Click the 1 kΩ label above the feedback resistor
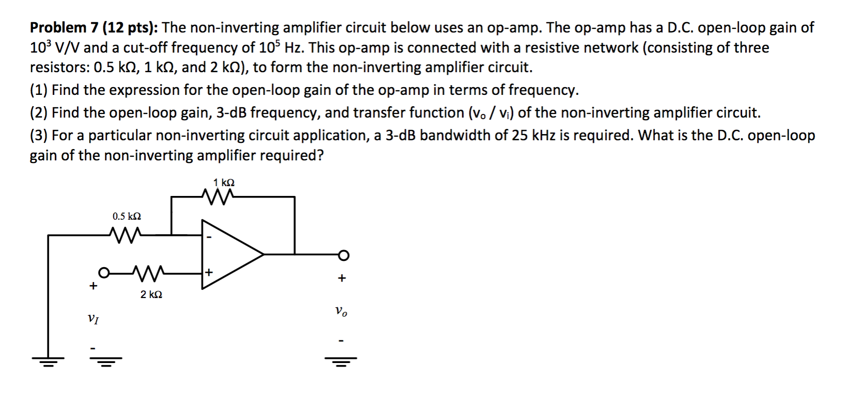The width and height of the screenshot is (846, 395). pos(224,183)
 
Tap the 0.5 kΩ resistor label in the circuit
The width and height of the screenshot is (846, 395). pos(127,217)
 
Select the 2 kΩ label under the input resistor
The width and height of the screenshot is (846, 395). pos(151,294)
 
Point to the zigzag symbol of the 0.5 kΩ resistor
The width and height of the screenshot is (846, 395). pos(126,235)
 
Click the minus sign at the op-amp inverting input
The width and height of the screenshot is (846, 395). pos(209,238)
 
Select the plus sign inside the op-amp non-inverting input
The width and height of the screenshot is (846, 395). pos(209,272)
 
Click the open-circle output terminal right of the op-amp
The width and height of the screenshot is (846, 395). pos(344,254)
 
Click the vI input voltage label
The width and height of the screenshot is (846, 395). pos(93,319)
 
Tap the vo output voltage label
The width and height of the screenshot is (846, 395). pos(341,311)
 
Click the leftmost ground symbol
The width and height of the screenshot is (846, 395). pos(48,360)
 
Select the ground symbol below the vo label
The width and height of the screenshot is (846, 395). pos(340,360)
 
